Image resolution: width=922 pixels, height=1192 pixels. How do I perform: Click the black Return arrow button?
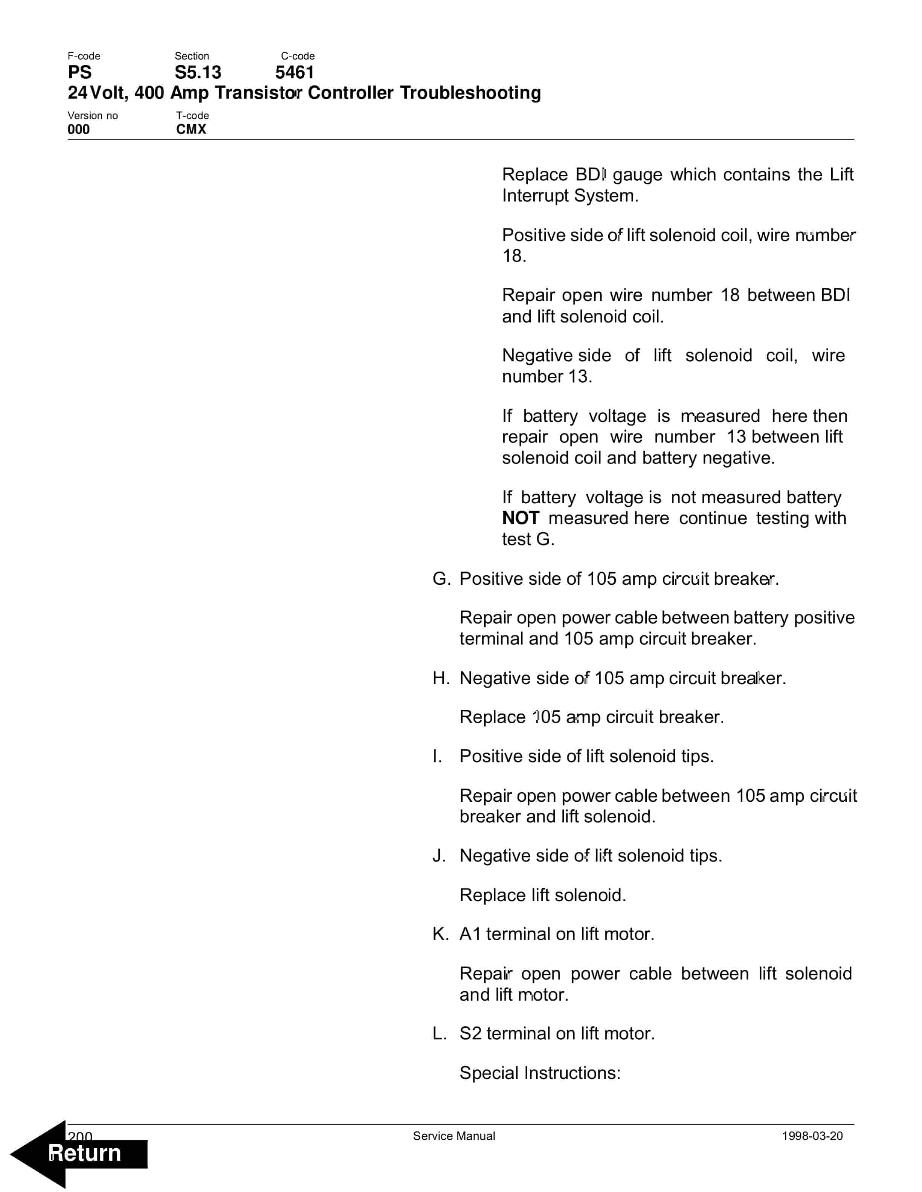79,1153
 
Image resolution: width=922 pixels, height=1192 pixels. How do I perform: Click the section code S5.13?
197,73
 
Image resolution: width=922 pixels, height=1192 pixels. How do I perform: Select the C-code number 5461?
295,73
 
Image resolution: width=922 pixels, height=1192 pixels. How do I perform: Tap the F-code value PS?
79,73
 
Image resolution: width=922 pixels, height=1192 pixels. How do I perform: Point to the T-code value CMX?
191,129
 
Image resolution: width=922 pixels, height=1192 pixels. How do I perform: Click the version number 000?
79,129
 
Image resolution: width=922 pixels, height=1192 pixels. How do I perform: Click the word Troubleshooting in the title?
470,93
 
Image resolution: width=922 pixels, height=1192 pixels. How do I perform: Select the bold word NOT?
521,518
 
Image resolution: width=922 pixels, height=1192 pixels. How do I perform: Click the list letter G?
440,579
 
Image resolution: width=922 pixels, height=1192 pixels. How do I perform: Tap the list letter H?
440,678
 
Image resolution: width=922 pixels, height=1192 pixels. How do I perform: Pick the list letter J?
439,855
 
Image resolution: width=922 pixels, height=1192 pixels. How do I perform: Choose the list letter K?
440,934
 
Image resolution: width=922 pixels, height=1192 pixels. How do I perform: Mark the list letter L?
439,1033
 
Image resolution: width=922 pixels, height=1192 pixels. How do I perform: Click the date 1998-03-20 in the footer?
812,1136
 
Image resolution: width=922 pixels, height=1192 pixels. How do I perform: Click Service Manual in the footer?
454,1136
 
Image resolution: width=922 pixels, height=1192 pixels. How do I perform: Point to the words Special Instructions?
540,1073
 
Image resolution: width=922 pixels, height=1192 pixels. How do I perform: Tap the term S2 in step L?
470,1033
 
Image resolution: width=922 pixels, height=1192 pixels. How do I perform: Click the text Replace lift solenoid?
542,895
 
